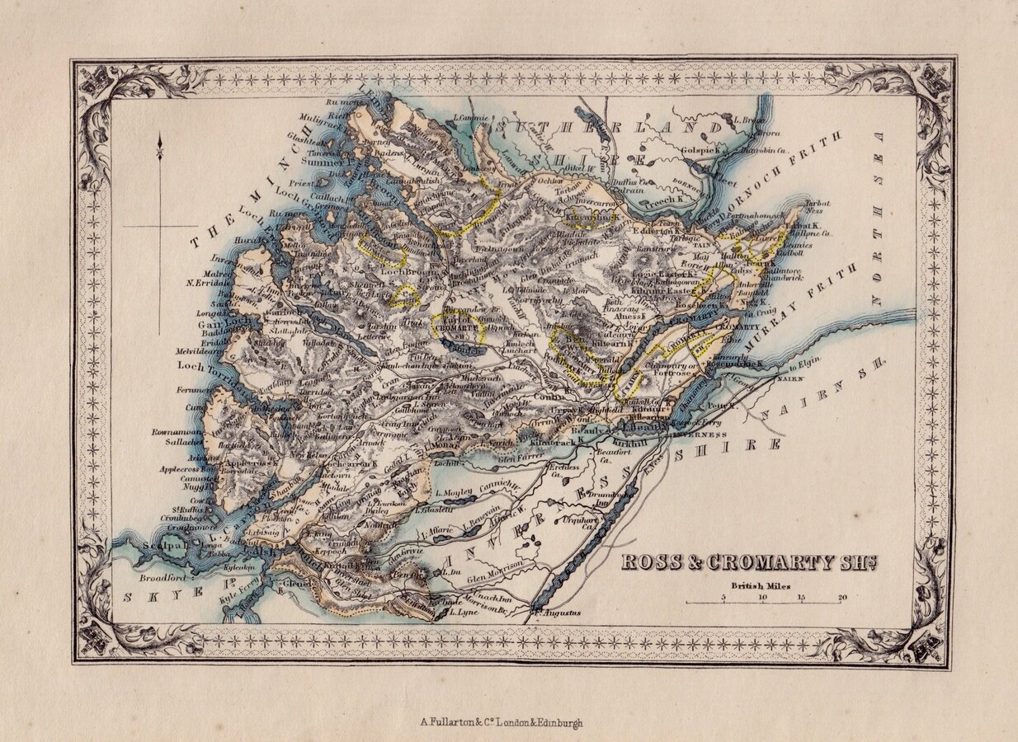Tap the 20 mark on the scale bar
point(841,598)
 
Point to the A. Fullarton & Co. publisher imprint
point(502,722)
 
